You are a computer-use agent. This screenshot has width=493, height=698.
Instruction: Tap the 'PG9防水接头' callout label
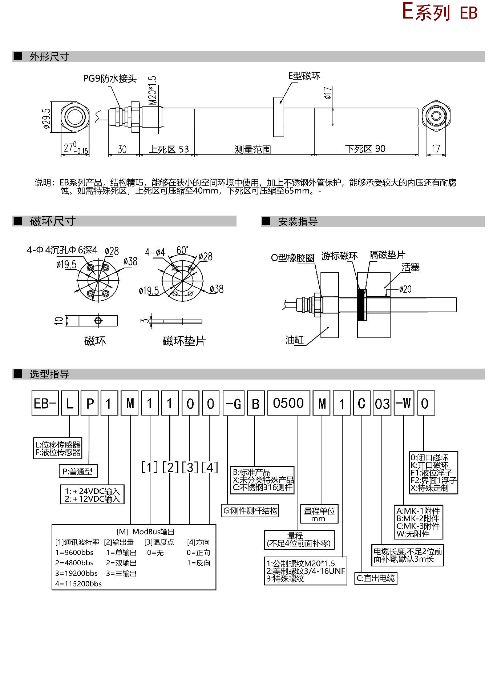pos(110,79)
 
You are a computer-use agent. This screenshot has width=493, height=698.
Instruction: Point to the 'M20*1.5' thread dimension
pos(153,90)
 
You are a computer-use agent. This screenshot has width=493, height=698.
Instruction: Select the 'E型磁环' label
pos(304,76)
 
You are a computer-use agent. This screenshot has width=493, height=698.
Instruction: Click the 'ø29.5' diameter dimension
pos(47,119)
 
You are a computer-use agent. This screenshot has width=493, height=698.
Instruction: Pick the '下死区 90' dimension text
pos(365,149)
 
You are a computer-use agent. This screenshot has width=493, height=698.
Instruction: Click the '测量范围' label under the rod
pos(252,149)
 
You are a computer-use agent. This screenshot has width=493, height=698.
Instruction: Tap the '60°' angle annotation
pos(182,250)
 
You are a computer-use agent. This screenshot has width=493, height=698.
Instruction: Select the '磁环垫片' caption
pos(184,341)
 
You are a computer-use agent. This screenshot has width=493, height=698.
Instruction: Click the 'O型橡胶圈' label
pos(292,258)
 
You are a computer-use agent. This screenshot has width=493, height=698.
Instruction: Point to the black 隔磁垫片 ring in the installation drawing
pos(361,305)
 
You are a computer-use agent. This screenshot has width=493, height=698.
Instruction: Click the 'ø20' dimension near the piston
pos(405,289)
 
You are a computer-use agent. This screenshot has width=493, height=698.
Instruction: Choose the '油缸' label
pos(294,340)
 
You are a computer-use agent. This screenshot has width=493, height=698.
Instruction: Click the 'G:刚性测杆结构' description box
pos(250,511)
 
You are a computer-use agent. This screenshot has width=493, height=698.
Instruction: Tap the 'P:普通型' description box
pos(78,472)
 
